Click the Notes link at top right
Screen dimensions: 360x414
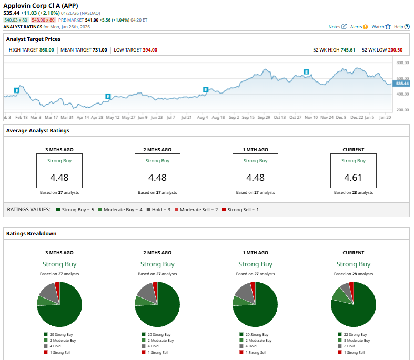point(337,27)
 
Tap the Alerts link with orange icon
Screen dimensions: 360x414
point(359,27)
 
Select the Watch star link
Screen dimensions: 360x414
point(381,27)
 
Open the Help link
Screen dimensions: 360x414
point(401,27)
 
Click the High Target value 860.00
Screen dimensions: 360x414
point(46,50)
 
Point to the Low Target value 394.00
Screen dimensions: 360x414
point(149,50)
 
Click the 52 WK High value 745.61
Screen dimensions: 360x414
point(348,50)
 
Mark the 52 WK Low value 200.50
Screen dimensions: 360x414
point(395,50)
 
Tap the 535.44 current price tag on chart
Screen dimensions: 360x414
point(402,84)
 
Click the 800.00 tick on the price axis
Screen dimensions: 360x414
point(402,63)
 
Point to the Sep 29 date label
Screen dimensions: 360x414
point(264,117)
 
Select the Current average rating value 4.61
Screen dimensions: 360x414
point(353,178)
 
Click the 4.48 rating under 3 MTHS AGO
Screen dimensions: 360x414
point(59,178)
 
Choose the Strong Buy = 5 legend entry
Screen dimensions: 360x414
point(76,210)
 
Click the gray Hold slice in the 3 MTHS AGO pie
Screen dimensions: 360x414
point(48,291)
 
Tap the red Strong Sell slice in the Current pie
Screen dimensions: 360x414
point(351,285)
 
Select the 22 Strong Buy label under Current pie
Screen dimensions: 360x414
point(354,334)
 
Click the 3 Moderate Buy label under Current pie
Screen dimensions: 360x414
point(355,341)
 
